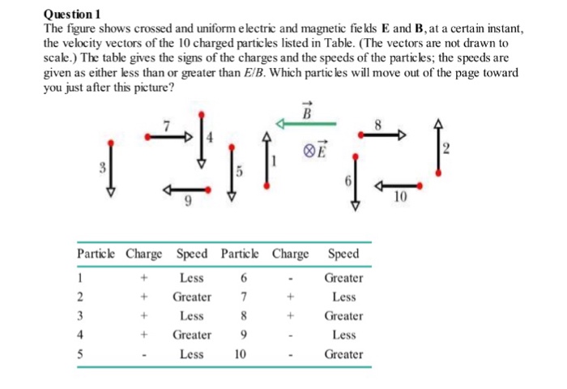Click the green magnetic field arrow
click(307, 124)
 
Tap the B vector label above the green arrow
click(307, 112)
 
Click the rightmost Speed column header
click(344, 254)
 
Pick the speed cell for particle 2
click(192, 297)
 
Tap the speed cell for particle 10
click(344, 354)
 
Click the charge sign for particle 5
click(144, 354)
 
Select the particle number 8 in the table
click(241, 316)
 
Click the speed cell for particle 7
click(344, 297)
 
